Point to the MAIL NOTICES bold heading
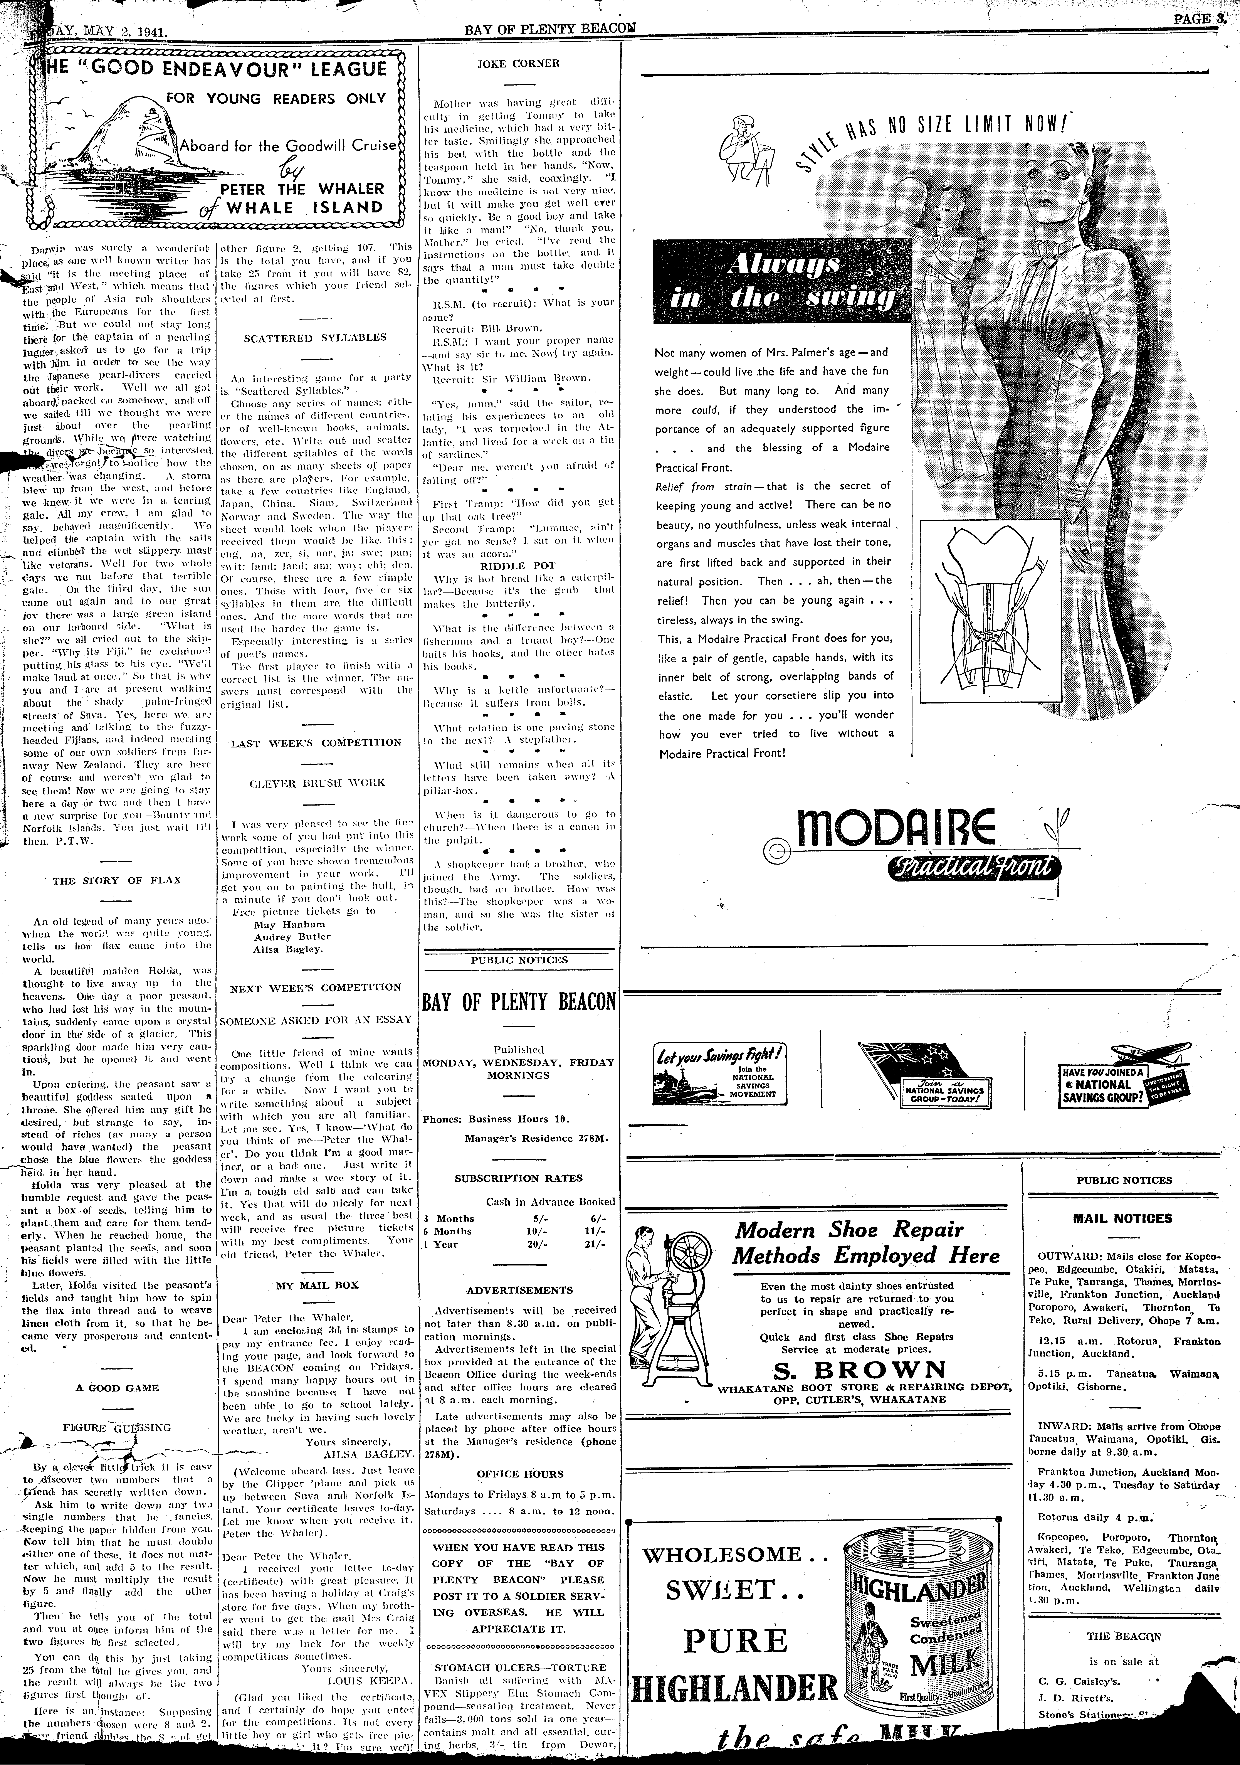point(1122,1218)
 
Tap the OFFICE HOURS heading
point(520,1474)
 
